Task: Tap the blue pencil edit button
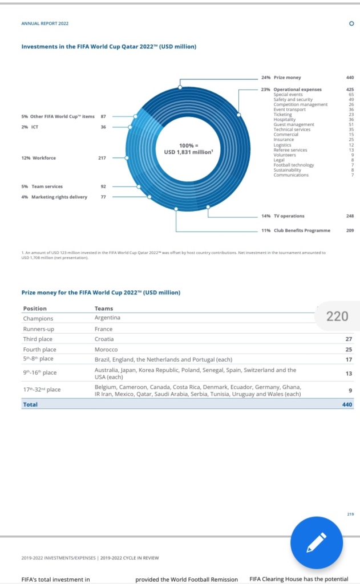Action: [316, 542]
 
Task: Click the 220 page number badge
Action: [337, 317]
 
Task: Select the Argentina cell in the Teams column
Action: [107, 318]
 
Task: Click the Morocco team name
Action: [106, 349]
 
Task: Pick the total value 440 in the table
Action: [347, 404]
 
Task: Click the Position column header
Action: [35, 309]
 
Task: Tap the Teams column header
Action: [103, 309]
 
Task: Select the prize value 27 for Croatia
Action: [349, 339]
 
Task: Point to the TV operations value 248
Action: [350, 216]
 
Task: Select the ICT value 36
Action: [103, 127]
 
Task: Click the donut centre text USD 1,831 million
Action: [188, 152]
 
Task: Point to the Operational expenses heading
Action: [297, 90]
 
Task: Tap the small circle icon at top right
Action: [351, 24]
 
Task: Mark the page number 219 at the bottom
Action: [350, 514]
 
